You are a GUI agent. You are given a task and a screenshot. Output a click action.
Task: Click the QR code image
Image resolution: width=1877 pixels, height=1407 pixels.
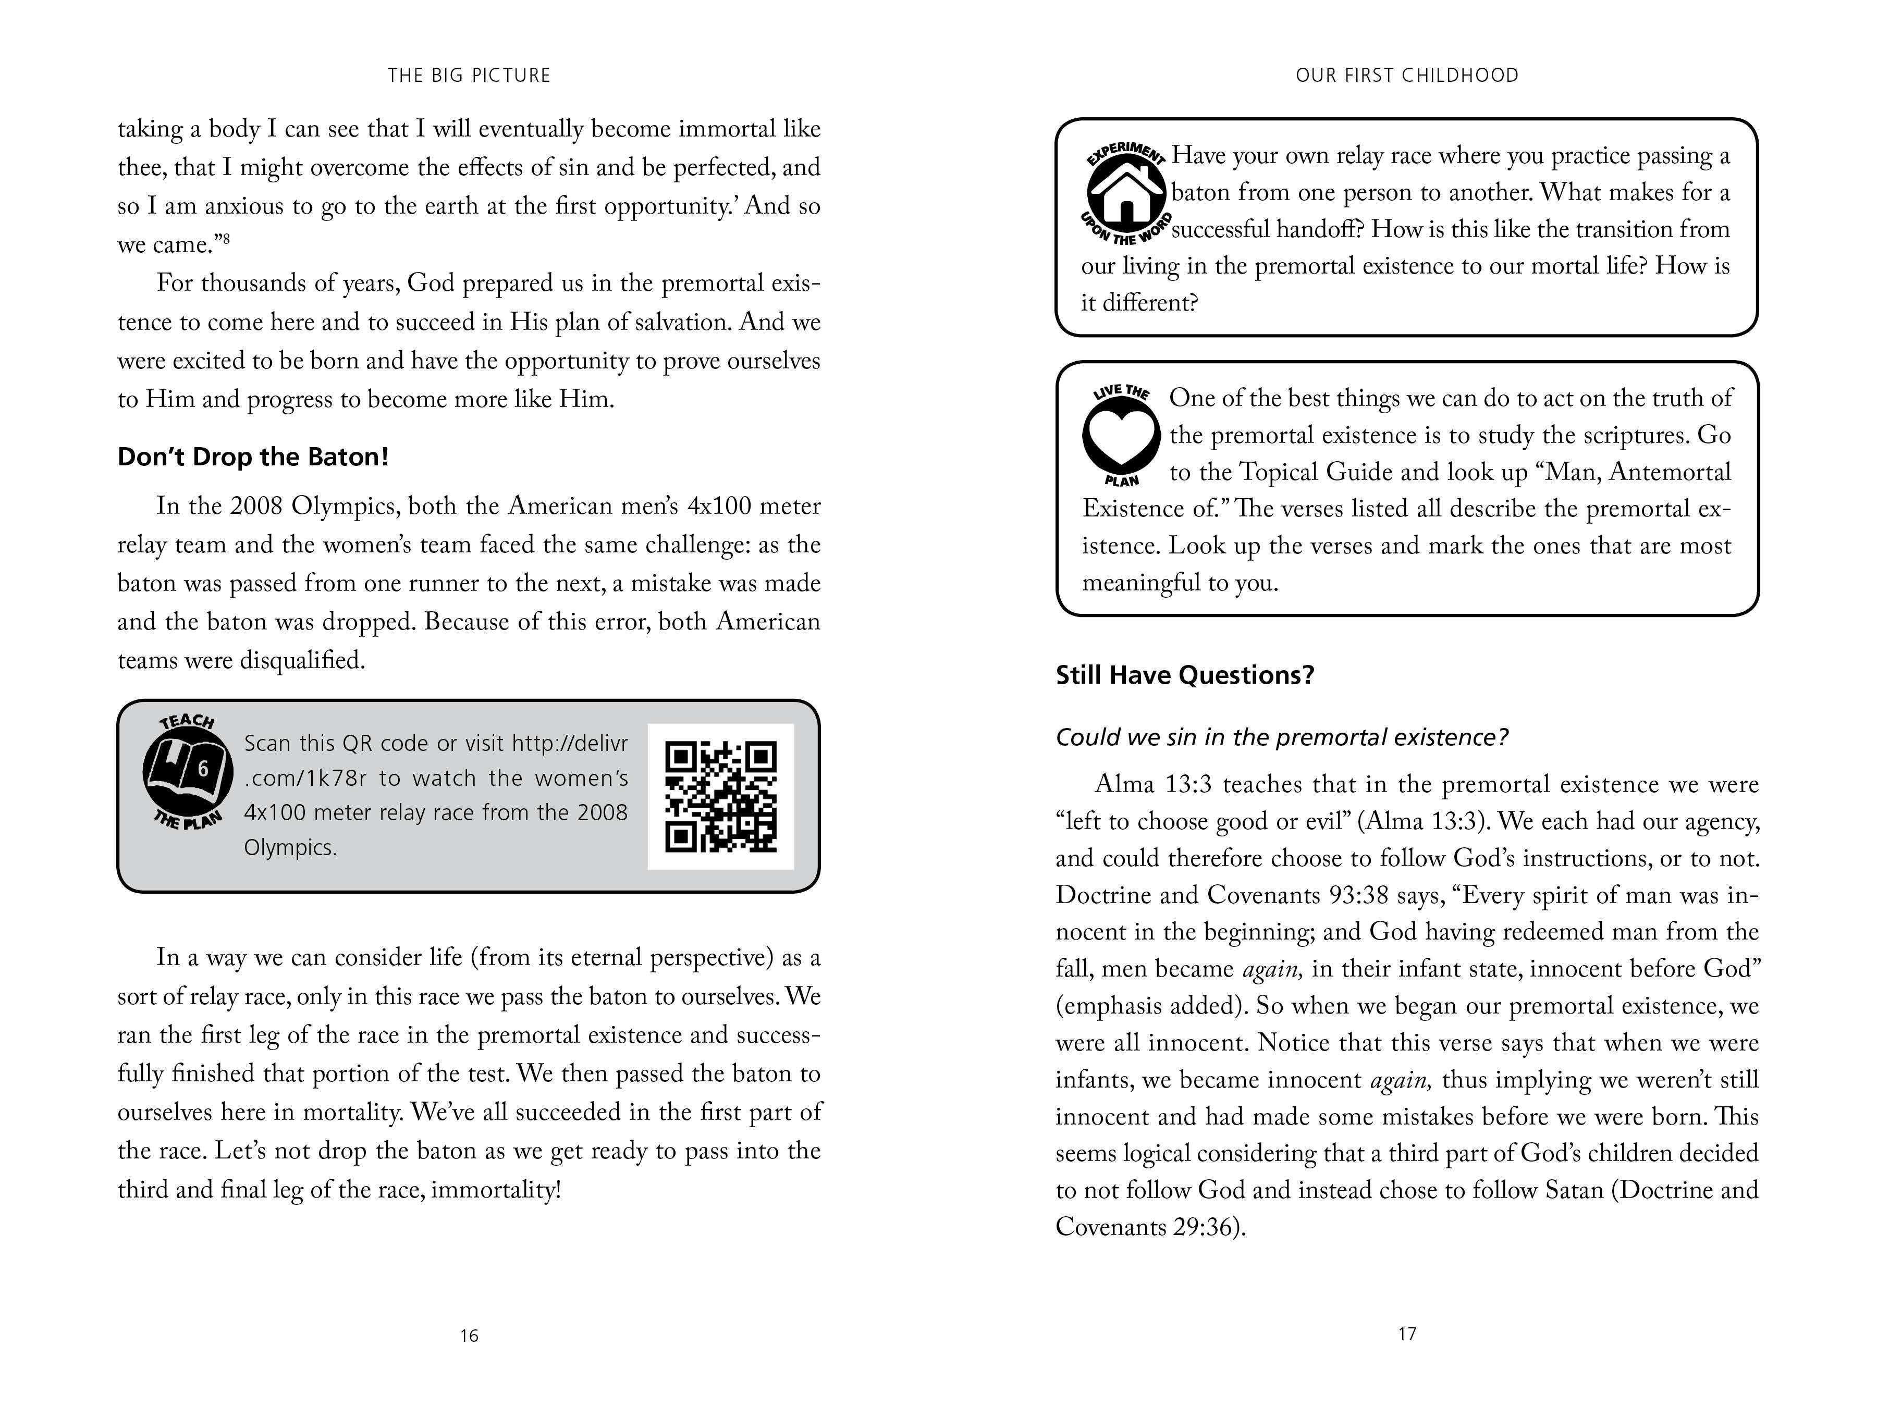point(720,796)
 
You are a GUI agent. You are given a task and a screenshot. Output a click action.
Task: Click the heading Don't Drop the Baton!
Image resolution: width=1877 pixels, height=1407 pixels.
point(253,457)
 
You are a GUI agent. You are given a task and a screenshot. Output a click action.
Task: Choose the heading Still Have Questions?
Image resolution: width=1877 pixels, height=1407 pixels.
point(1185,675)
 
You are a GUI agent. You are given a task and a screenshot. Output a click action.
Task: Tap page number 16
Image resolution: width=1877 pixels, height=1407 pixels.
point(469,1336)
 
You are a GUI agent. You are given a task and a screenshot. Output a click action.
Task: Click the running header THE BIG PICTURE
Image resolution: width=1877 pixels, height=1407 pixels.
point(469,76)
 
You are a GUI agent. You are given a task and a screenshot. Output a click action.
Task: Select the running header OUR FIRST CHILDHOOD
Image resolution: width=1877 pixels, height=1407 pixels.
point(1407,76)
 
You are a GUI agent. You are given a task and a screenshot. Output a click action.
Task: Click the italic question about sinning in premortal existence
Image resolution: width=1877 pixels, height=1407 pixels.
point(1281,737)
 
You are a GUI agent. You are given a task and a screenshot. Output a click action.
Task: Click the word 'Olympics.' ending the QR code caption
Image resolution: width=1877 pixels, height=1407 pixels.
point(290,847)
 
